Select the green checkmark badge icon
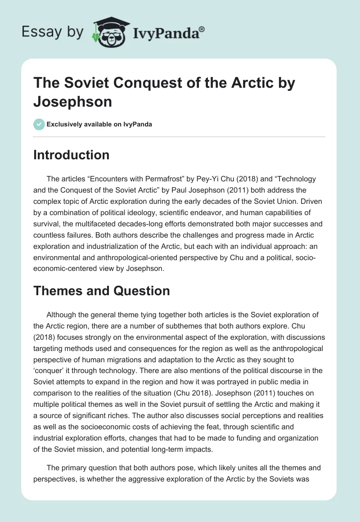pos(39,124)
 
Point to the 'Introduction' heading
pos(71,155)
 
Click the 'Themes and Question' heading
pos(102,291)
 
